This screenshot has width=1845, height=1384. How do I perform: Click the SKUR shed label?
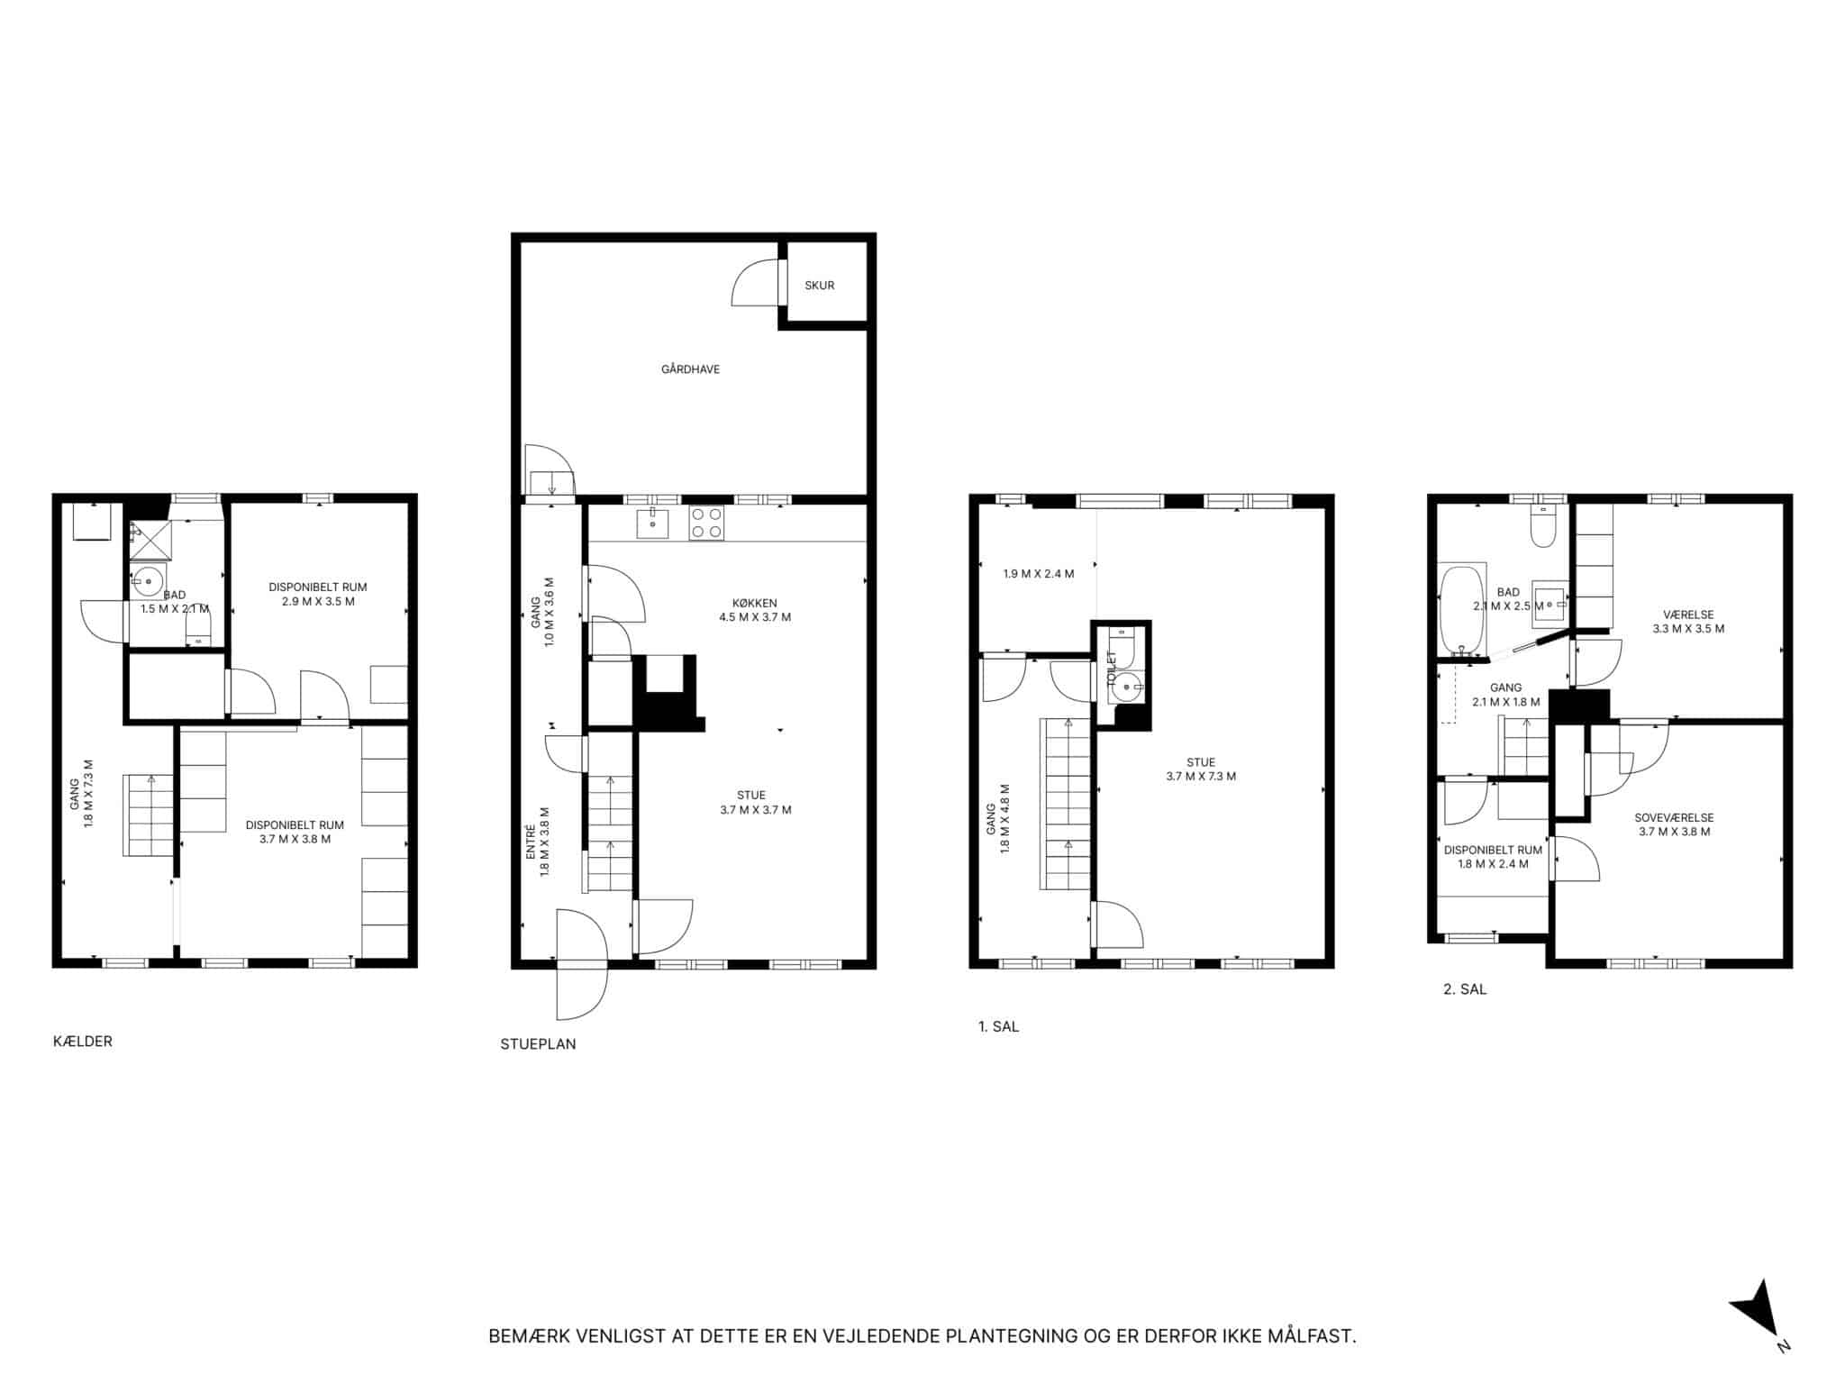(x=819, y=286)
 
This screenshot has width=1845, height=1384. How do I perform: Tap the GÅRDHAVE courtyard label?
(x=690, y=369)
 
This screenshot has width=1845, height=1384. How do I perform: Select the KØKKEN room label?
(x=754, y=604)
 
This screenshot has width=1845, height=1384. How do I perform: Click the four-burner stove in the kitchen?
(x=706, y=523)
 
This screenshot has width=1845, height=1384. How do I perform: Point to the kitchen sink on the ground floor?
(x=651, y=523)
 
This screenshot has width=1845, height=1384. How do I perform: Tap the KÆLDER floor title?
(x=83, y=1042)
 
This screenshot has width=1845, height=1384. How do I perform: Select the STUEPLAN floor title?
(x=538, y=1044)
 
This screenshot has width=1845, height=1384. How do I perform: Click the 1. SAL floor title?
(x=998, y=1026)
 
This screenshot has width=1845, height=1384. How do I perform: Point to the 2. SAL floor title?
(x=1465, y=989)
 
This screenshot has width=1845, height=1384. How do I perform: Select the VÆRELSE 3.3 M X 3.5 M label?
(x=1688, y=622)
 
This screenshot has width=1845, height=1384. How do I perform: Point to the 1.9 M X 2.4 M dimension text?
(x=1039, y=574)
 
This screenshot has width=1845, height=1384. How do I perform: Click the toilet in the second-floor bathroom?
(x=1542, y=528)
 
